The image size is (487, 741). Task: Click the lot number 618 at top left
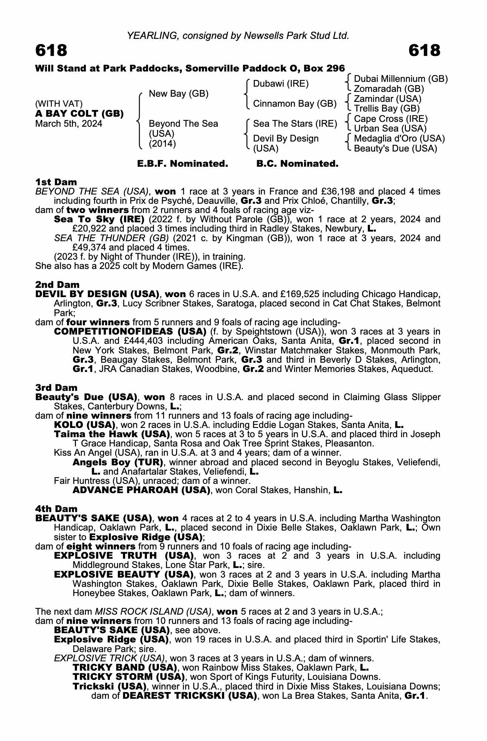tap(51, 50)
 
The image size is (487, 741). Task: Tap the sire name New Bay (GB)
tap(179, 94)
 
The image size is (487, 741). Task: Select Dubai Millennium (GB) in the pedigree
tap(401, 79)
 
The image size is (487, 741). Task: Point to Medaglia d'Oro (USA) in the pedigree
tap(399, 139)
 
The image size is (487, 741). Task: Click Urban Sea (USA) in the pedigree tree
tap(390, 129)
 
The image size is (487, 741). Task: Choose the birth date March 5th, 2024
tap(69, 123)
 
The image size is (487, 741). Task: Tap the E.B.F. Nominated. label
tap(183, 163)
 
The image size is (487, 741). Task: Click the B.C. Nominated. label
tap(297, 163)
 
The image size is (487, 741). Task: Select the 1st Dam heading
tap(56, 182)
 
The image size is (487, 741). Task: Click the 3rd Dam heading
tap(56, 388)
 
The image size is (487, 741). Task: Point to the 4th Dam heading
tap(56, 509)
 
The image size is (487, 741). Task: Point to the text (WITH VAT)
tap(59, 103)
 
